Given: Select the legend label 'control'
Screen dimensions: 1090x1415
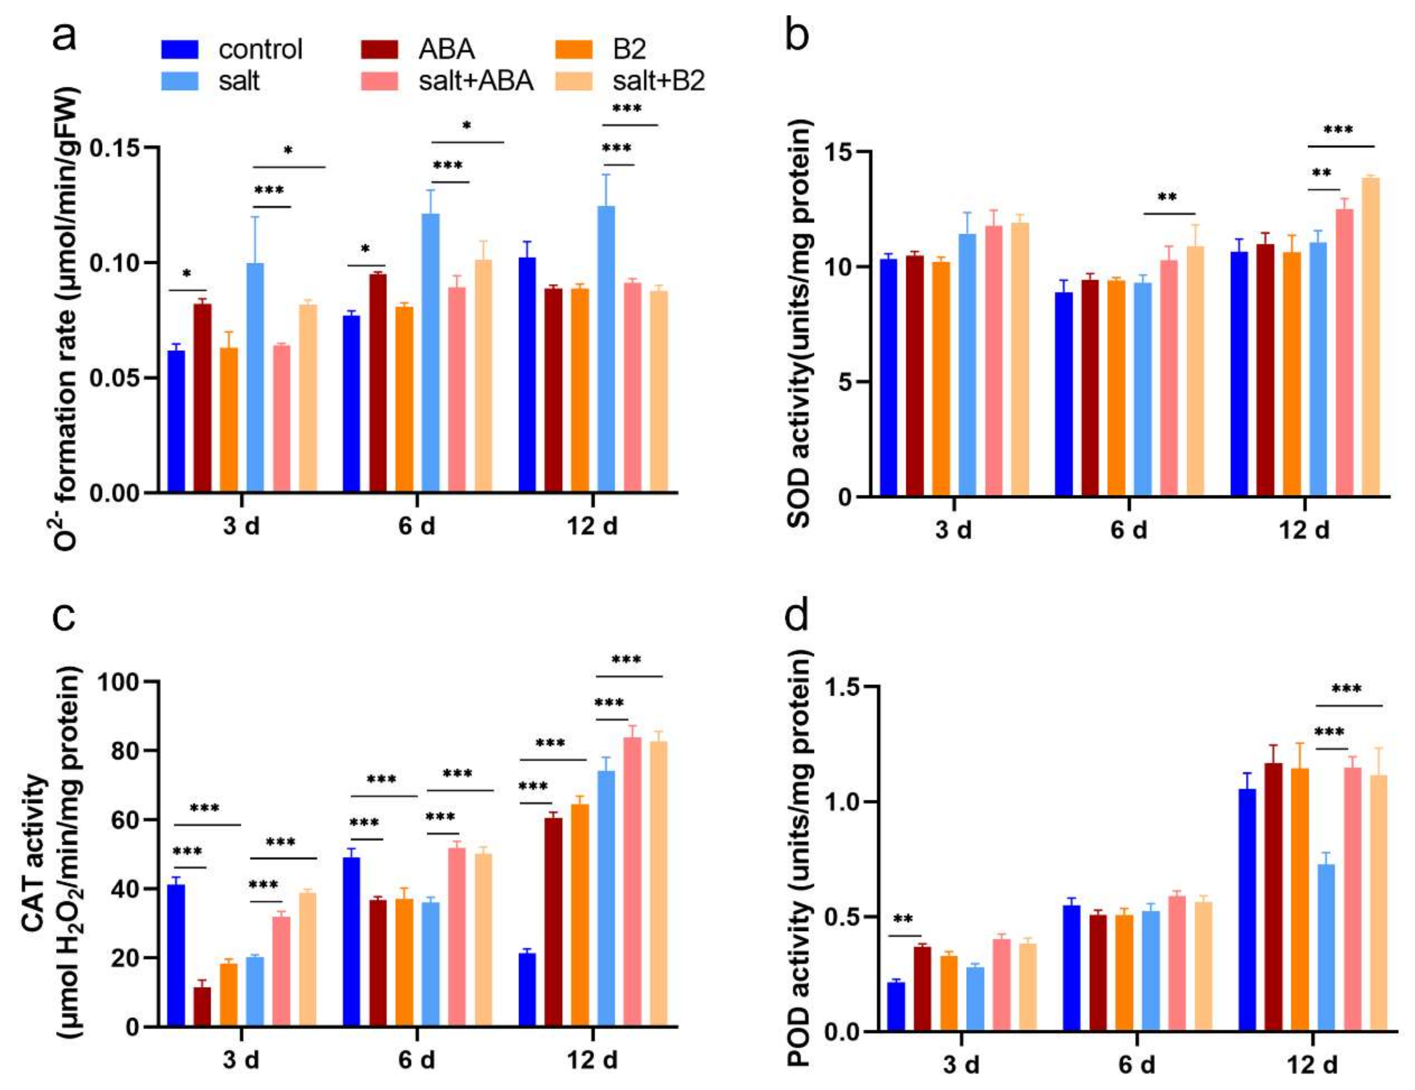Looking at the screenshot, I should point(260,49).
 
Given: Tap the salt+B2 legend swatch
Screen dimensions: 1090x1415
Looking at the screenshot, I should point(574,81).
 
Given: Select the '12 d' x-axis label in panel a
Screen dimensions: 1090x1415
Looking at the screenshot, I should point(592,526).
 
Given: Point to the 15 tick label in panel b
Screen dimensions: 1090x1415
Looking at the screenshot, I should point(839,152).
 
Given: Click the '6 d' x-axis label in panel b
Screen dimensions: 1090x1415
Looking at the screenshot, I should point(1129,530).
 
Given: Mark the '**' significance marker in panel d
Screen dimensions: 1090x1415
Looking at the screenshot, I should point(903,919).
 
